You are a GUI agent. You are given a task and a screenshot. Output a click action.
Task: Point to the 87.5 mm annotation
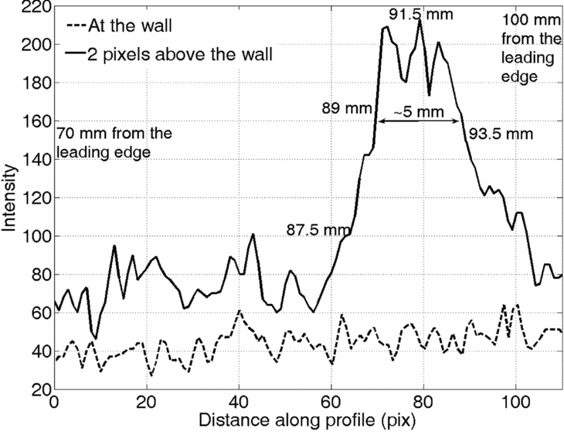point(318,229)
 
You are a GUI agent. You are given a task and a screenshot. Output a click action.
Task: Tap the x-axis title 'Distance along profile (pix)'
point(307,420)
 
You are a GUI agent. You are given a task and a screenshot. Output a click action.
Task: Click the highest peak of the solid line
point(420,19)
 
